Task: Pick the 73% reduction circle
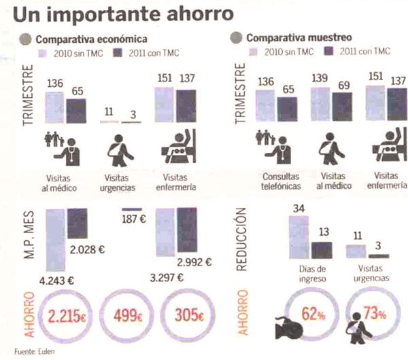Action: coord(371,314)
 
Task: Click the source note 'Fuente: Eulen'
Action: coord(35,352)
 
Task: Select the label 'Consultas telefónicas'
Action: coord(280,181)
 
